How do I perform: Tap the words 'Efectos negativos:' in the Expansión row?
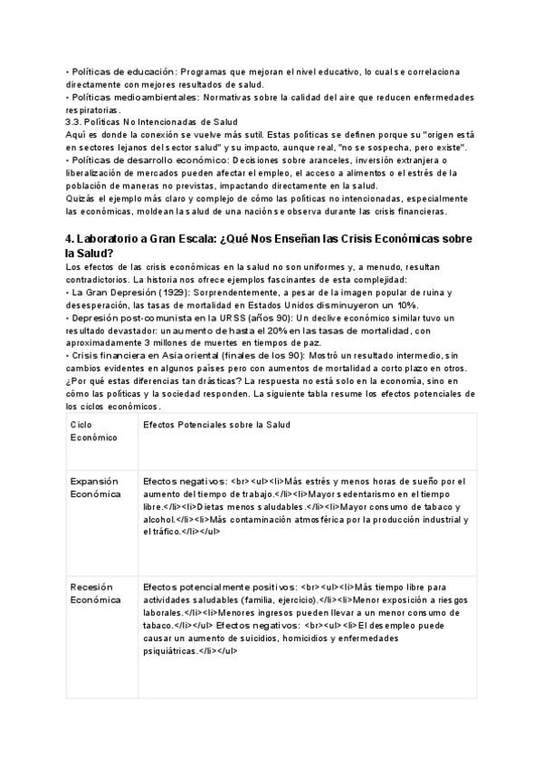click(x=185, y=481)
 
